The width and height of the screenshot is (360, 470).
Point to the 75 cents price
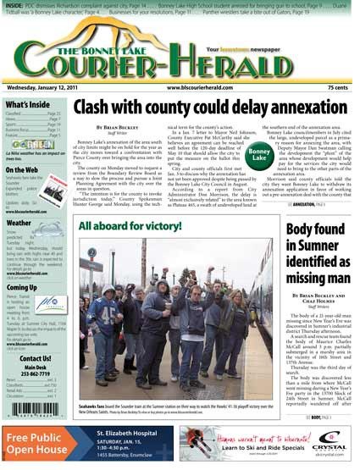tap(339, 87)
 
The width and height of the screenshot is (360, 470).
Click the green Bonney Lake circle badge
tap(259, 156)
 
